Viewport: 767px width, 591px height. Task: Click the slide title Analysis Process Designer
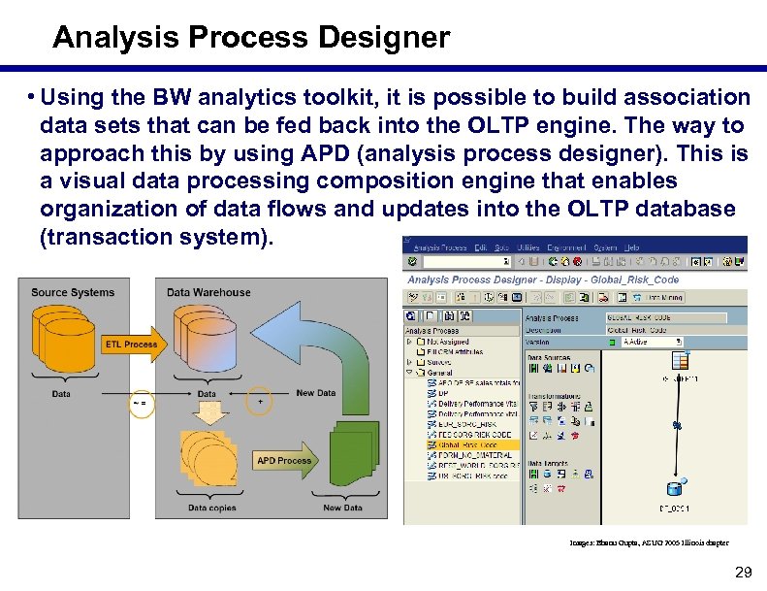coord(251,38)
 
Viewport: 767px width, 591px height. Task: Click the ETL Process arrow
coord(131,345)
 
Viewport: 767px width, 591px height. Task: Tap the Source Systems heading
coord(73,292)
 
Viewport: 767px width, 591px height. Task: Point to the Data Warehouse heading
coord(208,292)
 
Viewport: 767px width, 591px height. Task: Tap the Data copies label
coord(211,508)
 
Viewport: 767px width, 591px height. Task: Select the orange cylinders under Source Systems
coord(64,335)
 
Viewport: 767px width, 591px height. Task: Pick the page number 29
coord(744,573)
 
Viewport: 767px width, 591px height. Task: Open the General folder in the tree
coord(438,373)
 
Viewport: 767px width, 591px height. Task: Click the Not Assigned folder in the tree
coord(448,342)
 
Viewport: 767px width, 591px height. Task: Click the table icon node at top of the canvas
coord(680,362)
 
